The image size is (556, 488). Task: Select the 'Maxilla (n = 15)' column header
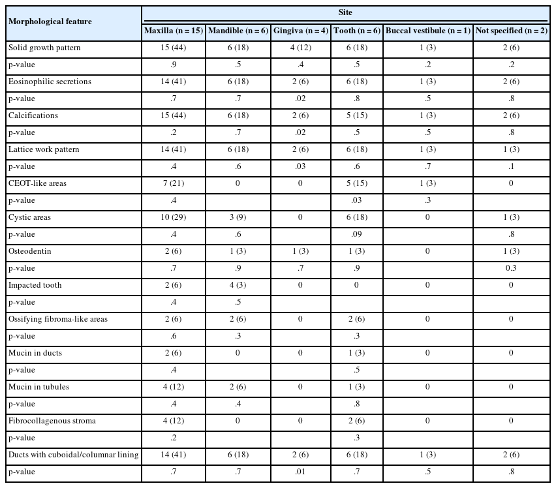pyautogui.click(x=173, y=31)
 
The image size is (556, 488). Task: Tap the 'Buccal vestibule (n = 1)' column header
pyautogui.click(x=427, y=31)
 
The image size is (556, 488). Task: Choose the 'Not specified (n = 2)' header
pyautogui.click(x=510, y=31)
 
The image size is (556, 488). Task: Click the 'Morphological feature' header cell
pyautogui.click(x=50, y=22)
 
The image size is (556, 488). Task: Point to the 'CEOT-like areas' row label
pyautogui.click(x=37, y=183)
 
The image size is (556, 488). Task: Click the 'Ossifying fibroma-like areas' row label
pyautogui.click(x=58, y=319)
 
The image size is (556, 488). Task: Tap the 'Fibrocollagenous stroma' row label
pyautogui.click(x=52, y=421)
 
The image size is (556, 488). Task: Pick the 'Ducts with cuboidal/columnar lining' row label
pyautogui.click(x=73, y=455)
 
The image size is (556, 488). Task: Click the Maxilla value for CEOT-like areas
pyautogui.click(x=173, y=183)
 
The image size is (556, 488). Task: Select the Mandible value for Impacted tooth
pyautogui.click(x=238, y=285)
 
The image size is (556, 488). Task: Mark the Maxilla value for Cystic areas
pyautogui.click(x=173, y=217)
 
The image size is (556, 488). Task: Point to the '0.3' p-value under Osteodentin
pyautogui.click(x=510, y=268)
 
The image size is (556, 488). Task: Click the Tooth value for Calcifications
pyautogui.click(x=356, y=115)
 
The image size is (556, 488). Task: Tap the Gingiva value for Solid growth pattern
pyautogui.click(x=300, y=48)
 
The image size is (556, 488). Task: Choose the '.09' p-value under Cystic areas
pyautogui.click(x=356, y=234)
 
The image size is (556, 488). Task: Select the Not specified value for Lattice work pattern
pyautogui.click(x=510, y=149)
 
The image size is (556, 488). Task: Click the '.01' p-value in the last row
pyautogui.click(x=300, y=472)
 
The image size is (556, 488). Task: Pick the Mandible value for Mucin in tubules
pyautogui.click(x=238, y=387)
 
